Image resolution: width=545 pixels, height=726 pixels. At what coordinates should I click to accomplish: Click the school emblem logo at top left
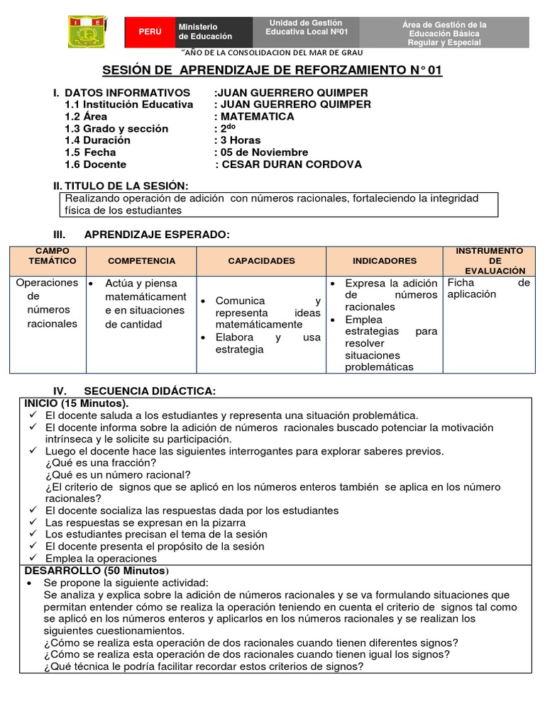pos(87,32)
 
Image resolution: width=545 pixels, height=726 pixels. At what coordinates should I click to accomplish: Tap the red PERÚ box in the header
pos(150,32)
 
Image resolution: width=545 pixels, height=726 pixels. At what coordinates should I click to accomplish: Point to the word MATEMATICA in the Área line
pos(257,116)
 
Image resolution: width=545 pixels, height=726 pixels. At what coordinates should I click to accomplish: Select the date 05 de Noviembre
pos(263,152)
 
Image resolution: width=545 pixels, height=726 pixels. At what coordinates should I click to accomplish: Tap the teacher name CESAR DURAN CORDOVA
pos(292,164)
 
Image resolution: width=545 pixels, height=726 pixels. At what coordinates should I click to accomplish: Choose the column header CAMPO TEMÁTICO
pos(48,256)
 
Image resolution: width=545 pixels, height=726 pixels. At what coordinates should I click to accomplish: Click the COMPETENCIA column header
pos(141,261)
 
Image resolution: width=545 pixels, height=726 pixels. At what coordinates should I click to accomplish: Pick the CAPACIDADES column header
pos(261,261)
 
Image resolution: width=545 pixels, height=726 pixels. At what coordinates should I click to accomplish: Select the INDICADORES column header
pos(385,261)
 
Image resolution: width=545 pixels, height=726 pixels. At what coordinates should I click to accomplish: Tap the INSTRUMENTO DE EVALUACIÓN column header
pos(489,260)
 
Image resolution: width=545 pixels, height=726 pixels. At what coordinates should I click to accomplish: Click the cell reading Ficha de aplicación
pos(488,289)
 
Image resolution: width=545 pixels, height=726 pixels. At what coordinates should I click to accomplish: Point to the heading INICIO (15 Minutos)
pos(77,403)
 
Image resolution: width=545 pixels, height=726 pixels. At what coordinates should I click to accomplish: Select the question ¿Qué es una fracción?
pos(101,463)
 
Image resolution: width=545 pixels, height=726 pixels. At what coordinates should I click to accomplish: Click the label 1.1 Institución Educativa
pos(128,104)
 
